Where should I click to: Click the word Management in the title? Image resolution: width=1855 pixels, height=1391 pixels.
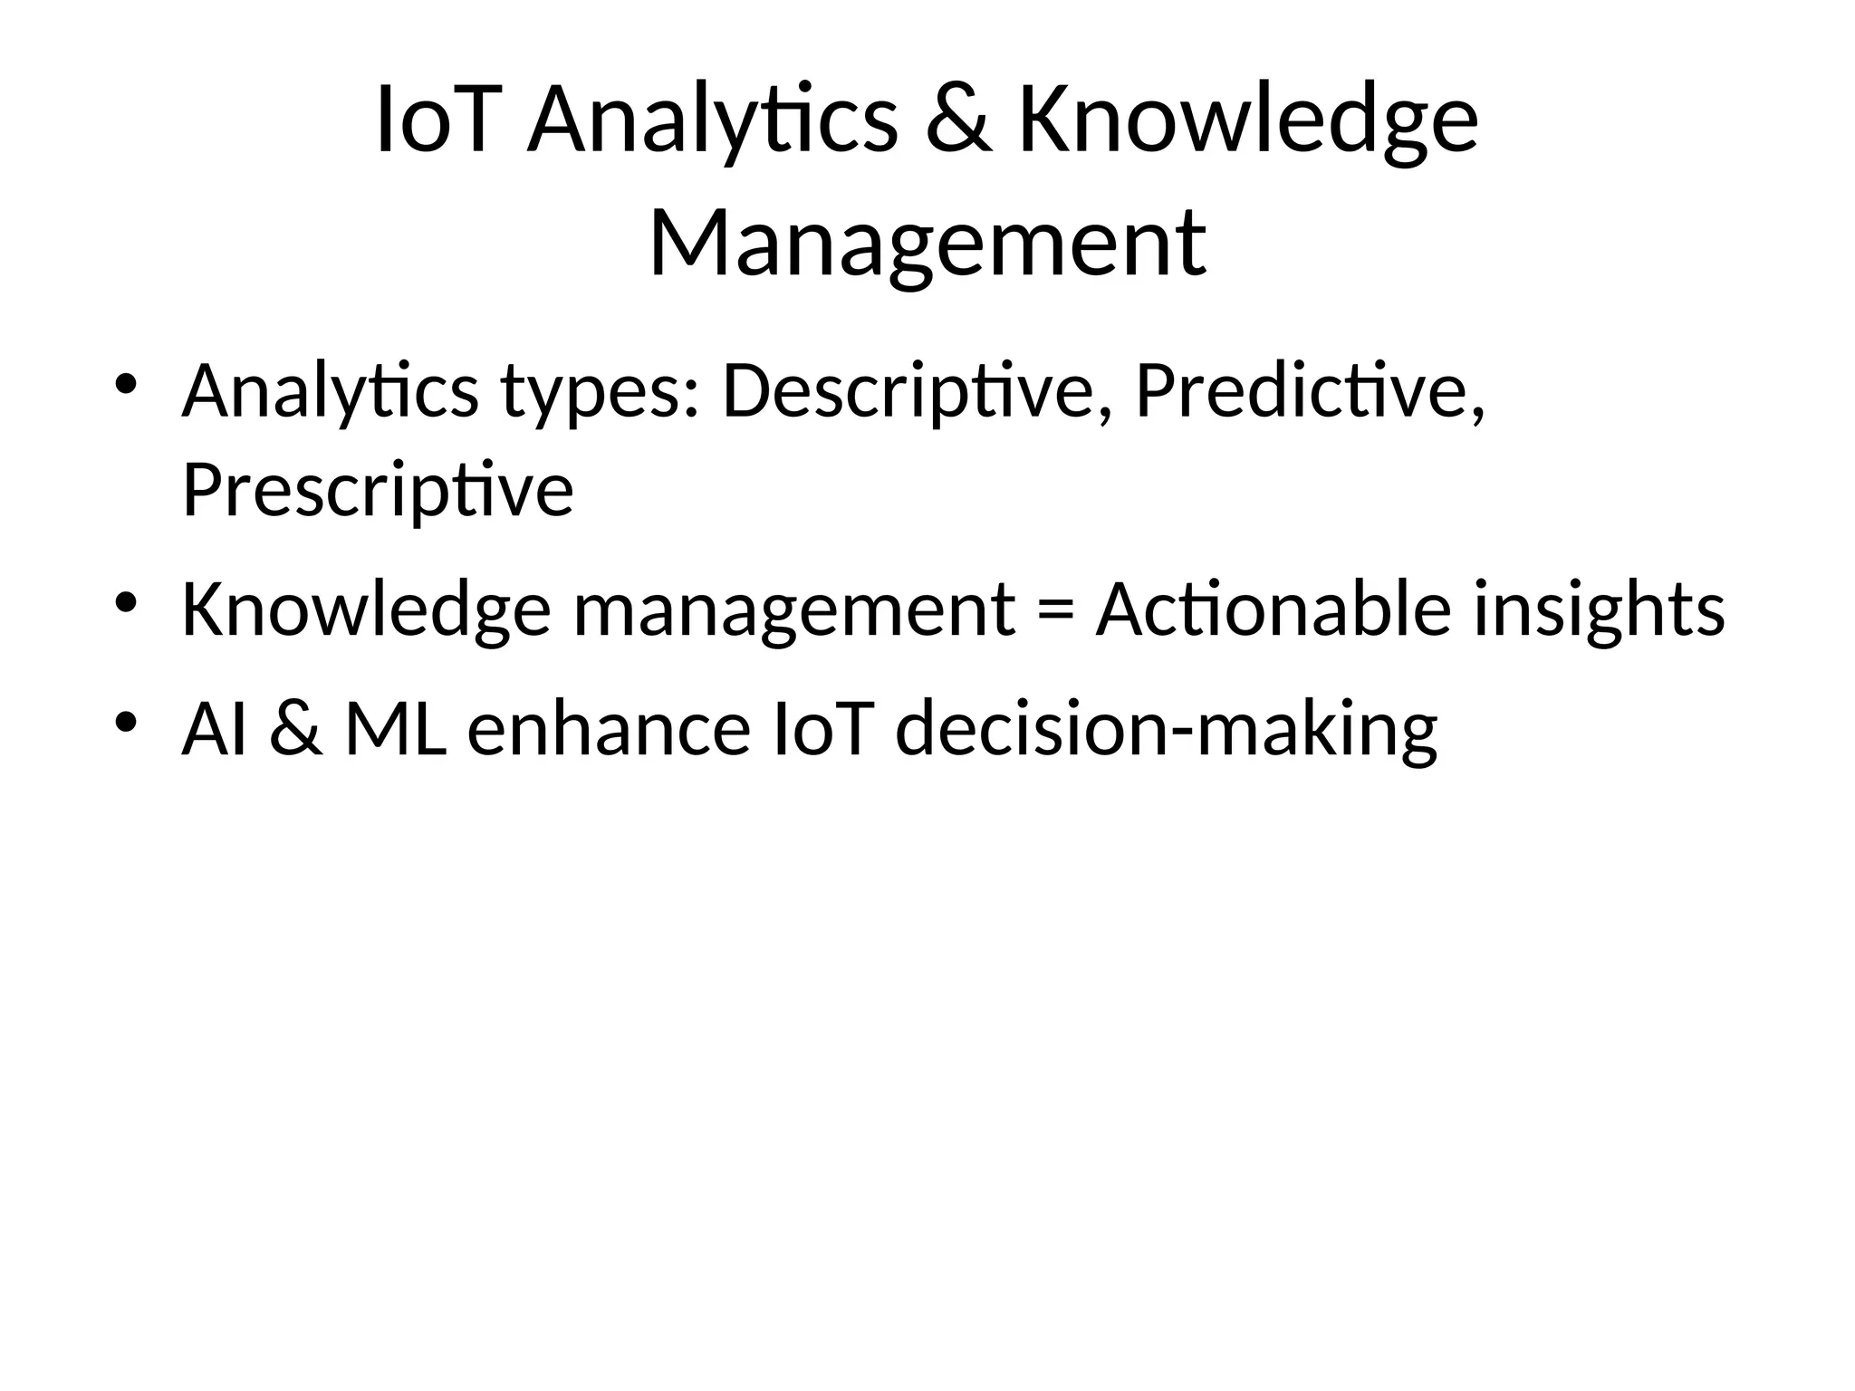927,243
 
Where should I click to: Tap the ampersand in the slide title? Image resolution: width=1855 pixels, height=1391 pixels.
957,121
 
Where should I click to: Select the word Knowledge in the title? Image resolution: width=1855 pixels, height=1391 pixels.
1248,121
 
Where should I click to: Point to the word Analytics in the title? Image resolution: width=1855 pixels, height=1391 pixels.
712,121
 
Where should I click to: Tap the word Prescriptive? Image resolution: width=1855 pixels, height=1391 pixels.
378,490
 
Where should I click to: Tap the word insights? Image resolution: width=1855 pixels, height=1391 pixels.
1599,609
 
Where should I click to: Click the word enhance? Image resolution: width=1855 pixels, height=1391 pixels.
609,729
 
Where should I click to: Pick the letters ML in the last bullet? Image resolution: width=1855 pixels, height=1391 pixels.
396,729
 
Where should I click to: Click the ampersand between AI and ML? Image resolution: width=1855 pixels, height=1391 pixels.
295,729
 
